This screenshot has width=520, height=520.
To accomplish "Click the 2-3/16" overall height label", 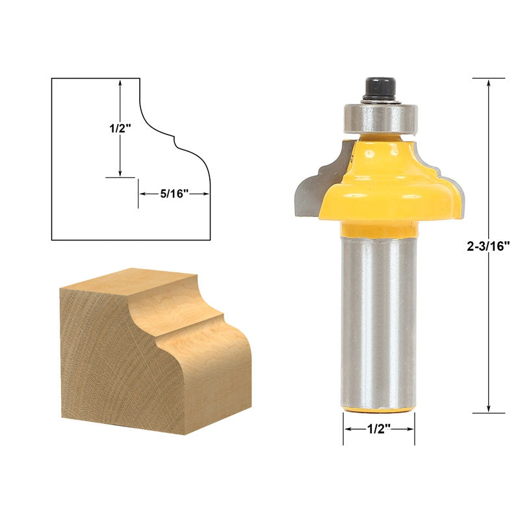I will [488, 246].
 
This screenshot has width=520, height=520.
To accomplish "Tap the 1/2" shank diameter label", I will [379, 429].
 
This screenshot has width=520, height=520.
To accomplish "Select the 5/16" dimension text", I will [174, 193].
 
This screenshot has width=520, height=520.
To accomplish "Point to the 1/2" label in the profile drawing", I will [120, 128].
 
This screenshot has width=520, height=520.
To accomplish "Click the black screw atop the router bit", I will [380, 89].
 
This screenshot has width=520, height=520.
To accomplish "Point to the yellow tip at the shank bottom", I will [379, 409].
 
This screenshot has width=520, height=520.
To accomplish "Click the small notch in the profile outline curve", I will [174, 137].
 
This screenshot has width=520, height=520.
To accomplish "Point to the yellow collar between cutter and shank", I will [379, 229].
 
